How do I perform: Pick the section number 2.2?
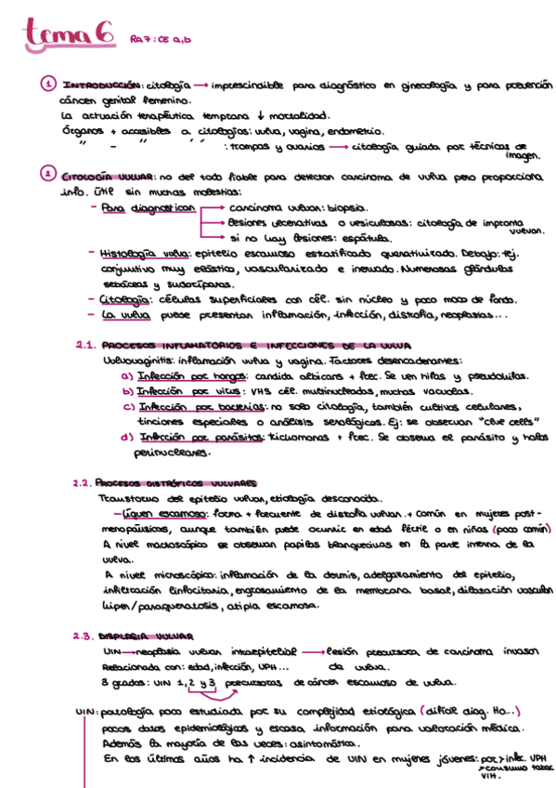point(84,483)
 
